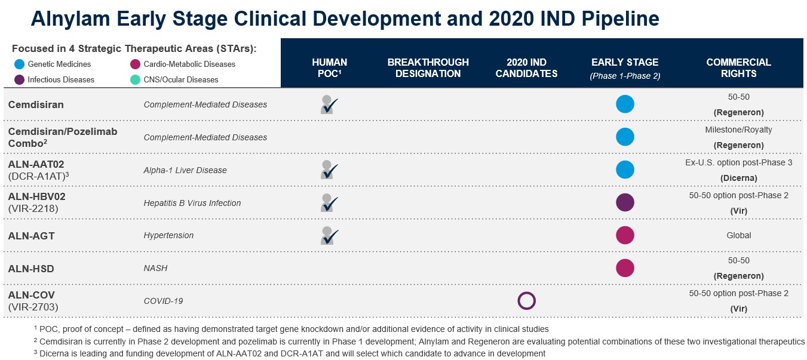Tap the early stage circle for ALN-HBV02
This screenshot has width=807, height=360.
(625, 202)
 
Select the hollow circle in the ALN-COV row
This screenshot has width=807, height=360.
(526, 300)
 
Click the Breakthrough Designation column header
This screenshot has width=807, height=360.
(428, 68)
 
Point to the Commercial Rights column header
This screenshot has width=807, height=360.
(738, 68)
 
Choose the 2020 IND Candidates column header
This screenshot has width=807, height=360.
(526, 68)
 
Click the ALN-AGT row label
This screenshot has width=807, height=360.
(31, 236)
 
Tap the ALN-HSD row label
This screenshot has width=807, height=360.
(31, 269)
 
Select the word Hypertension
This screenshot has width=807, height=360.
(168, 235)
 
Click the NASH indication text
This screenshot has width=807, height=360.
(155, 268)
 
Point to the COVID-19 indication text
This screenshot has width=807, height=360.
(163, 301)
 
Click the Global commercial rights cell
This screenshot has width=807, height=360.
(738, 235)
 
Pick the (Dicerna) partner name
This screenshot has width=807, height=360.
(738, 178)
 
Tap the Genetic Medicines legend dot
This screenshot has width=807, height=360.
(19, 64)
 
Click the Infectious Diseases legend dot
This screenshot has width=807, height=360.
(19, 79)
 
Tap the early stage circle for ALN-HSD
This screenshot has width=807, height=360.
(625, 268)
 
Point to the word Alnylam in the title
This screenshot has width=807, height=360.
(69, 19)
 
